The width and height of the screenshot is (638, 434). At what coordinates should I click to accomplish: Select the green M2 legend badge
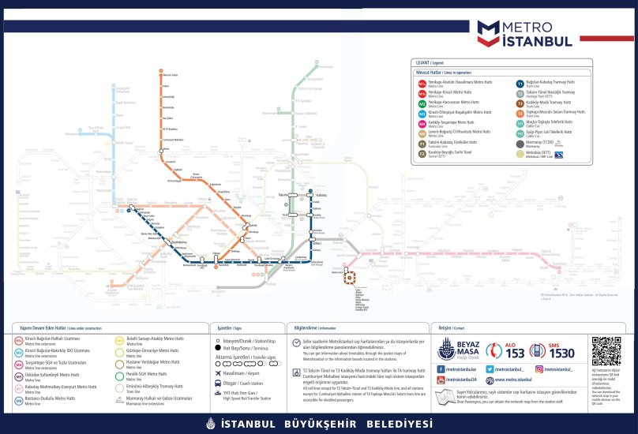pos(422,103)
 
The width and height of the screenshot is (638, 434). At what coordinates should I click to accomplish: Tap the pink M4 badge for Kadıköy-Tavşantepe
pos(422,123)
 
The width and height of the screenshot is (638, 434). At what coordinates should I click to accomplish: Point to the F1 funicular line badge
pos(422,143)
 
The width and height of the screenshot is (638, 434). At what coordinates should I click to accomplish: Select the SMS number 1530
pos(561,353)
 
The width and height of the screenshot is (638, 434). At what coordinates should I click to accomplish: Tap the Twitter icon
pos(490,369)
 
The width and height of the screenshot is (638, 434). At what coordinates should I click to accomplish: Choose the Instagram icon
pos(539,369)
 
